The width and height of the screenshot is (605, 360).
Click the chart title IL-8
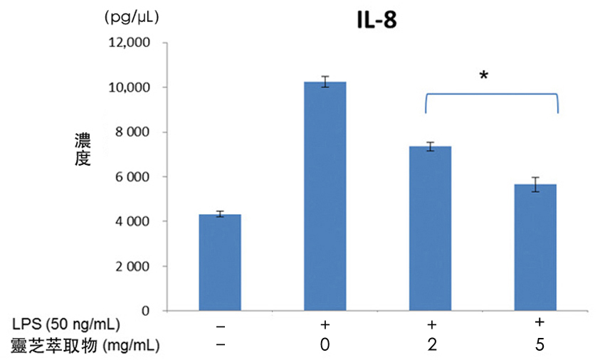point(376,21)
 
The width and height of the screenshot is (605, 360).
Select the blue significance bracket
point(491,95)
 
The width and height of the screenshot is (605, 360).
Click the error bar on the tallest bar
point(325,81)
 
